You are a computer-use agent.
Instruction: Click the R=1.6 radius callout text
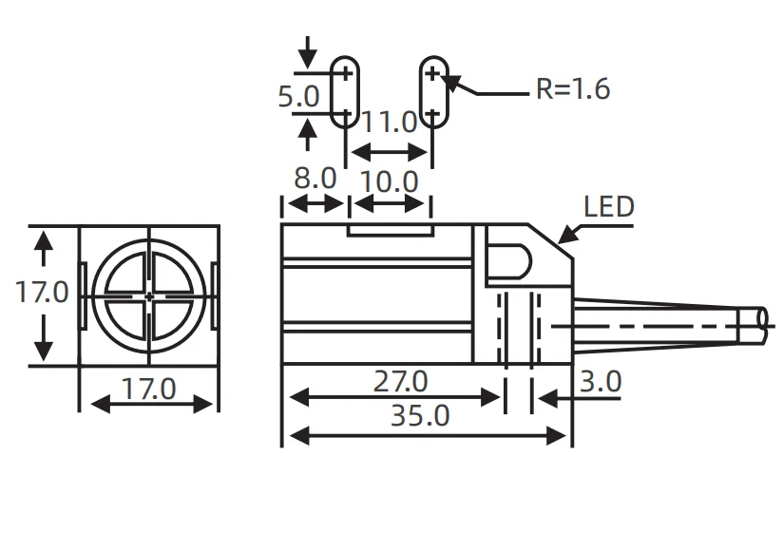point(572,89)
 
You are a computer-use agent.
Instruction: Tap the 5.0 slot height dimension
point(298,96)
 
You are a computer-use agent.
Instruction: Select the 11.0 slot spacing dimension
point(390,122)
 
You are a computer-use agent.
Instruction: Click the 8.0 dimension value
point(315,179)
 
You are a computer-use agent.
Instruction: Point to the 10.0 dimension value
point(390,181)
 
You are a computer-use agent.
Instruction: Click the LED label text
point(608,207)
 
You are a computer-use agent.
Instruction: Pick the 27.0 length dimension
point(399,382)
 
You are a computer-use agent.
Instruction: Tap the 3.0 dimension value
point(600,382)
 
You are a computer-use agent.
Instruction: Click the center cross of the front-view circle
point(149,296)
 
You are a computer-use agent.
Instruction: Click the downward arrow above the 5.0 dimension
point(306,52)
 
